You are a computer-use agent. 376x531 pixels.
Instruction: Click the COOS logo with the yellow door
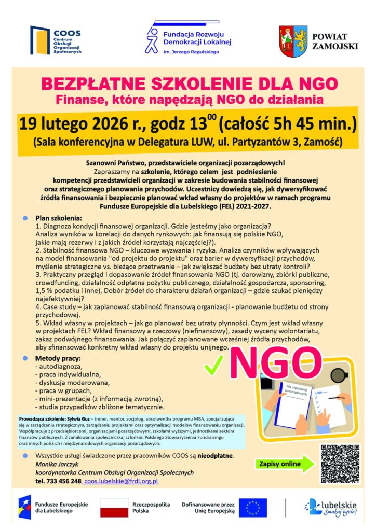pos(39,40)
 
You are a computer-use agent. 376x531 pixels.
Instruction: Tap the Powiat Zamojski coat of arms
pos(293,40)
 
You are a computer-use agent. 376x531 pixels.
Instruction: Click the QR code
pos(340,463)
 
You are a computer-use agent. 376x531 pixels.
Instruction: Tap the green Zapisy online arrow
pos(286,463)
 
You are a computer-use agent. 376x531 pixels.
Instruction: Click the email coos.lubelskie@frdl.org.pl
pos(121,481)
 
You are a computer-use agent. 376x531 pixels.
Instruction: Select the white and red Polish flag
pos(114,508)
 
